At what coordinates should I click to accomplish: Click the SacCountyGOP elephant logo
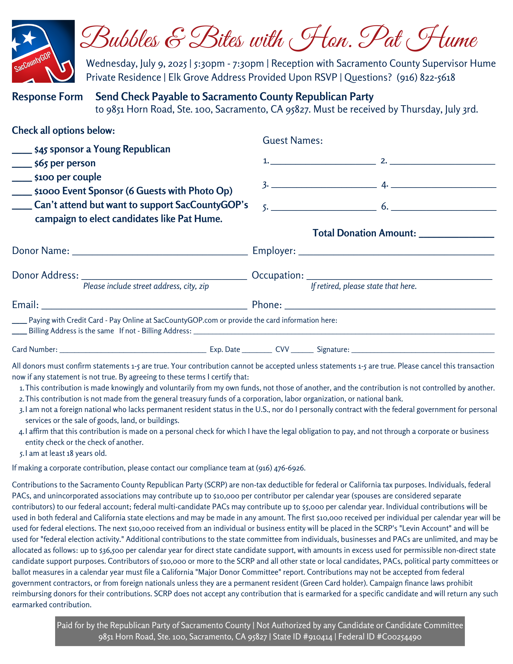tap(43, 51)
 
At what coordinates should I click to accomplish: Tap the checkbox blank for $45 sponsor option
tap(22, 152)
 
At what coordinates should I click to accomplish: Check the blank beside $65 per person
tap(22, 166)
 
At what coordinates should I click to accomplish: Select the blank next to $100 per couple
tap(22, 180)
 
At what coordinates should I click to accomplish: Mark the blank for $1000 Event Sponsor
tap(22, 194)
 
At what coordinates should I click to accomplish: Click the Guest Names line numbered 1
tap(323, 163)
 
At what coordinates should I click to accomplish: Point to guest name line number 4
tap(444, 187)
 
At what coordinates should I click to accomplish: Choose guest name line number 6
tap(444, 209)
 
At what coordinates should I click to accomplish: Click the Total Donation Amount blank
tap(457, 236)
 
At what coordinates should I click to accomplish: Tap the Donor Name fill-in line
tap(160, 253)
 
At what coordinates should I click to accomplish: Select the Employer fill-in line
tap(396, 253)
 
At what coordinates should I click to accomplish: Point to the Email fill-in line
tap(144, 307)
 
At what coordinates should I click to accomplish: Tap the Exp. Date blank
tap(257, 351)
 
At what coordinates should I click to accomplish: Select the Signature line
tap(423, 351)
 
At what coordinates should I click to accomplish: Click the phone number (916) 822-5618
tap(426, 77)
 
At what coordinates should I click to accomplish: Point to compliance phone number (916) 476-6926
tap(280, 468)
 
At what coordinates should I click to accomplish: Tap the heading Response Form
tap(47, 97)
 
